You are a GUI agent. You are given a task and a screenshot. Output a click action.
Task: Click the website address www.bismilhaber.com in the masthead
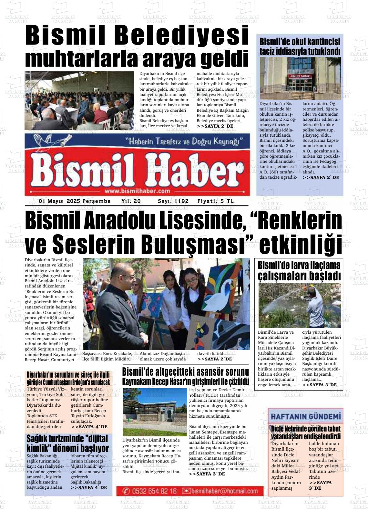point(137,191)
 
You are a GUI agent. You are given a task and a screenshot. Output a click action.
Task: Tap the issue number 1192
point(181,201)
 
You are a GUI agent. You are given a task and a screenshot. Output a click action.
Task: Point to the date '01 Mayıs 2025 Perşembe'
point(75,201)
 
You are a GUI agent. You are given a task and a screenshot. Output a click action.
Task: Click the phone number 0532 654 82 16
point(154,491)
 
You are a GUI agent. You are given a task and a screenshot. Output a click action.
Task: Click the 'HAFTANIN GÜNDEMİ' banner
point(306,417)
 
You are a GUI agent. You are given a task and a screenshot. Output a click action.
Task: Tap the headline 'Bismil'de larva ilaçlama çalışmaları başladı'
point(299,270)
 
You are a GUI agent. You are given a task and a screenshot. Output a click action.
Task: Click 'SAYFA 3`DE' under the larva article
point(319,385)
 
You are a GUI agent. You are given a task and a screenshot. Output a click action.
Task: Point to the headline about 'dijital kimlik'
point(67,443)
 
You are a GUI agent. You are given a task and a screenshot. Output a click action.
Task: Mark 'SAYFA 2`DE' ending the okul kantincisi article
point(321,177)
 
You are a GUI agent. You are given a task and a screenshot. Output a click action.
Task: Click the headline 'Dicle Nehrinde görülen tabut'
point(306,429)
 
